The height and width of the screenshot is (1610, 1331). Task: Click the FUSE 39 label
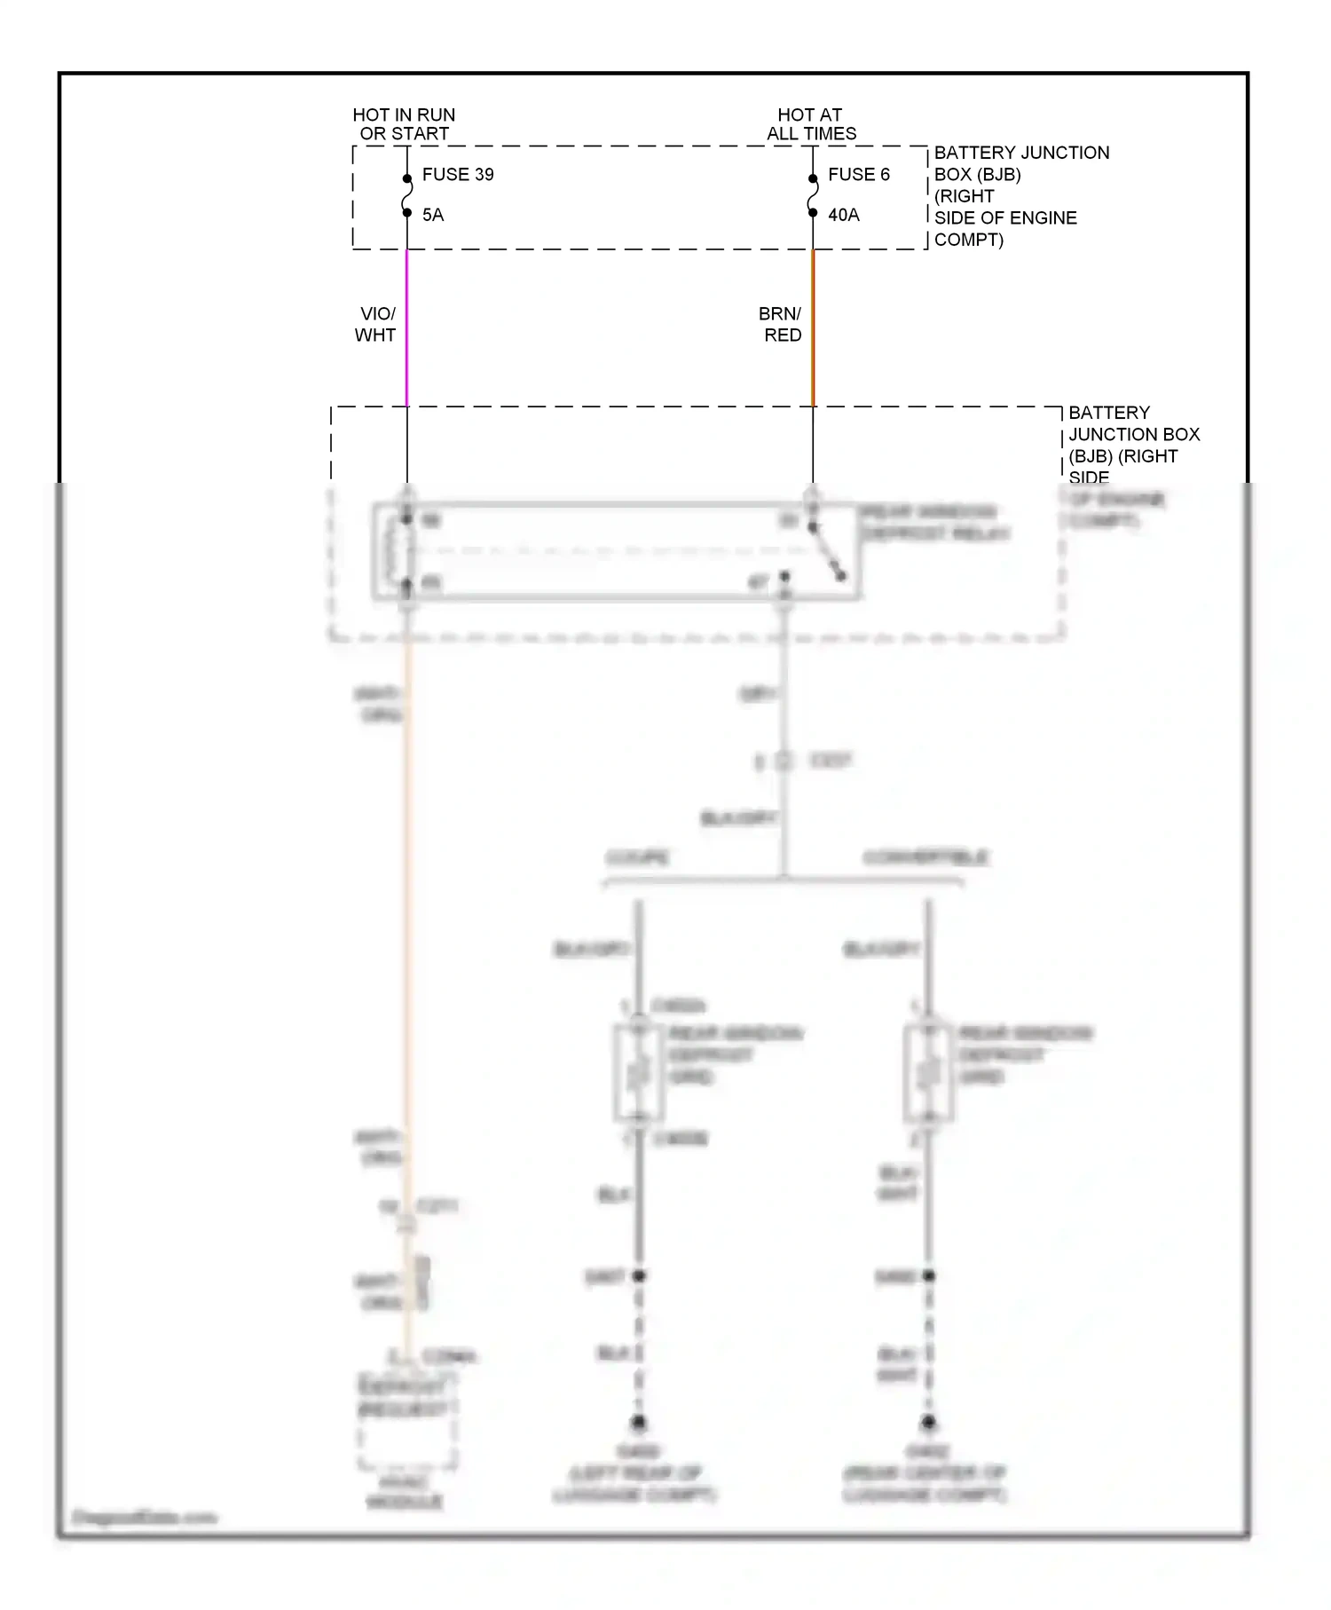pyautogui.click(x=457, y=175)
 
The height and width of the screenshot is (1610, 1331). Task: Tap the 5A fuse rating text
pyautogui.click(x=433, y=215)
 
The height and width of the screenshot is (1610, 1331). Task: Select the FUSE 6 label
pyautogui.click(x=858, y=175)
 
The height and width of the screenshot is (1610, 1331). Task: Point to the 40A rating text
pyautogui.click(x=843, y=215)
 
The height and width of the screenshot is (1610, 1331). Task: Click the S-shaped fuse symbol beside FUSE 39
pyautogui.click(x=407, y=196)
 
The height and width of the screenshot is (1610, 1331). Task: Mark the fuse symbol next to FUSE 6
pyautogui.click(x=813, y=196)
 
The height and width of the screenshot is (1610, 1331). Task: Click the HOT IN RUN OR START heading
pyautogui.click(x=404, y=124)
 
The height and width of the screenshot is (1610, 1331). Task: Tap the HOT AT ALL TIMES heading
pyautogui.click(x=811, y=124)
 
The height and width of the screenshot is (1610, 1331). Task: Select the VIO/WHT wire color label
pyautogui.click(x=376, y=324)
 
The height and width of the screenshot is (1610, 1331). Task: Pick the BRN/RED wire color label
pyautogui.click(x=781, y=324)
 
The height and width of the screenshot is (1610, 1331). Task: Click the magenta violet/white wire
pyautogui.click(x=407, y=328)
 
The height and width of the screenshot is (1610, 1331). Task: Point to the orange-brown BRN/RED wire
pyautogui.click(x=813, y=328)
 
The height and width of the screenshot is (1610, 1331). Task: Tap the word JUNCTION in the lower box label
pyautogui.click(x=1134, y=435)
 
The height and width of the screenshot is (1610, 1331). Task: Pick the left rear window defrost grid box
pyautogui.click(x=639, y=1073)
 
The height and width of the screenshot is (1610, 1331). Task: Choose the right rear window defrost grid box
pyautogui.click(x=928, y=1073)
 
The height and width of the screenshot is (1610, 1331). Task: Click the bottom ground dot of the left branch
pyautogui.click(x=639, y=1423)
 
